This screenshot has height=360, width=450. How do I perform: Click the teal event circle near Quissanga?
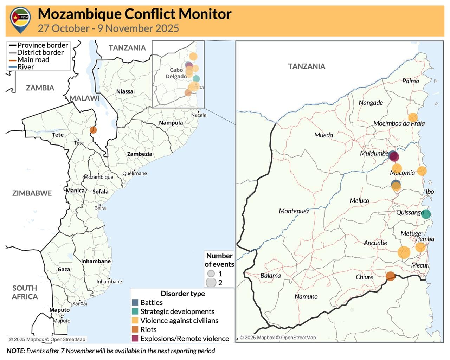[x=426, y=214]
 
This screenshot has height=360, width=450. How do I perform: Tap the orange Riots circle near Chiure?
[x=390, y=276]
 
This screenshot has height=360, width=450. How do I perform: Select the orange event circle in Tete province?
[x=93, y=130]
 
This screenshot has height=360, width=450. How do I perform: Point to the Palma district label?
[x=410, y=81]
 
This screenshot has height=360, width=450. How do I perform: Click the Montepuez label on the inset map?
[x=294, y=211]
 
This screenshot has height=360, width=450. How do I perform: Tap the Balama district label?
[x=270, y=276]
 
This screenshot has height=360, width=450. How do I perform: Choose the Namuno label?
[x=306, y=296]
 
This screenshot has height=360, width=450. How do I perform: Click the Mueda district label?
[x=323, y=135]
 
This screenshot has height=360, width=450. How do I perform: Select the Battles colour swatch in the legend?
[x=135, y=302]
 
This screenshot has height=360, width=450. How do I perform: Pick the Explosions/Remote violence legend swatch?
[x=135, y=339]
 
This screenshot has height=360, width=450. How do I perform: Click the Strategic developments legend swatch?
[x=135, y=311]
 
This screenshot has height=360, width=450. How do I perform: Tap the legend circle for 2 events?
[x=211, y=282]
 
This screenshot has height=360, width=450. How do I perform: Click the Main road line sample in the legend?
[x=13, y=60]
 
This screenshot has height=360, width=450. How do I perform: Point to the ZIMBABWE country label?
[x=32, y=193]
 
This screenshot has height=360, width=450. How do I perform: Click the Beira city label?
[x=100, y=208]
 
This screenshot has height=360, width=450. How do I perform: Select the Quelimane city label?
[x=135, y=173]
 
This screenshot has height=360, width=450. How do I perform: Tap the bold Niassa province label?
[x=125, y=91]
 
